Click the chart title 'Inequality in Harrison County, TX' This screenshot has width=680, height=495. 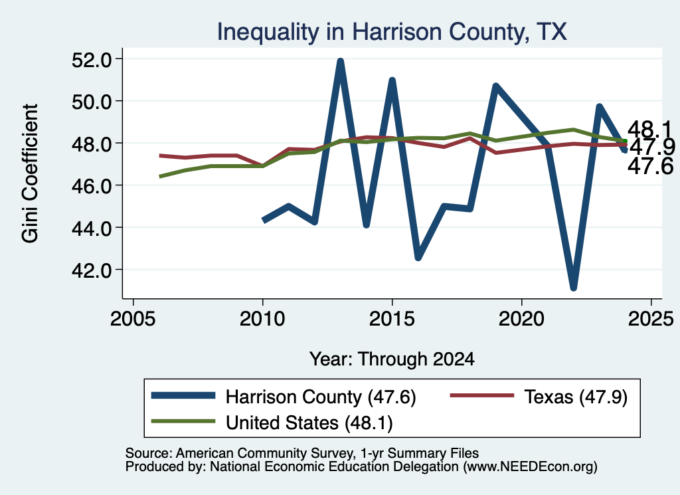tap(392, 32)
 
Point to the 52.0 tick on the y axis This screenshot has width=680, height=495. tap(91, 60)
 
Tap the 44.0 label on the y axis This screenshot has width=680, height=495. tap(91, 228)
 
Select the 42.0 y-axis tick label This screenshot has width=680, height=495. tap(91, 270)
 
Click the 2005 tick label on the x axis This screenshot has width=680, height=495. tap(133, 320)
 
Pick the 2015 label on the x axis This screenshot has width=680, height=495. tap(392, 320)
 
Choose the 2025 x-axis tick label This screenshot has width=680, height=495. tap(651, 320)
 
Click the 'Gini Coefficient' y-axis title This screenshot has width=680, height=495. tap(30, 173)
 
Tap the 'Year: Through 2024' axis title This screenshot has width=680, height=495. tap(392, 359)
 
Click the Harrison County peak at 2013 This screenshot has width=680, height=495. tap(341, 62)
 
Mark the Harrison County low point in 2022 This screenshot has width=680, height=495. tap(573, 287)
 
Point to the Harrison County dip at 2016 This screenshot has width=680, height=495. tap(418, 257)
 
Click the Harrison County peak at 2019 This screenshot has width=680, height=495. tap(495, 86)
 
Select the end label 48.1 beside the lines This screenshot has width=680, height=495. tap(649, 130)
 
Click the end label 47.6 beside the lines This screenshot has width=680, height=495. tap(650, 166)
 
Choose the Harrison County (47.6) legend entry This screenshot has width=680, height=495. tap(284, 397)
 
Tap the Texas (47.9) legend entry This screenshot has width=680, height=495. tap(539, 397)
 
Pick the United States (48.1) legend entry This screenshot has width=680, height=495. tap(272, 423)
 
